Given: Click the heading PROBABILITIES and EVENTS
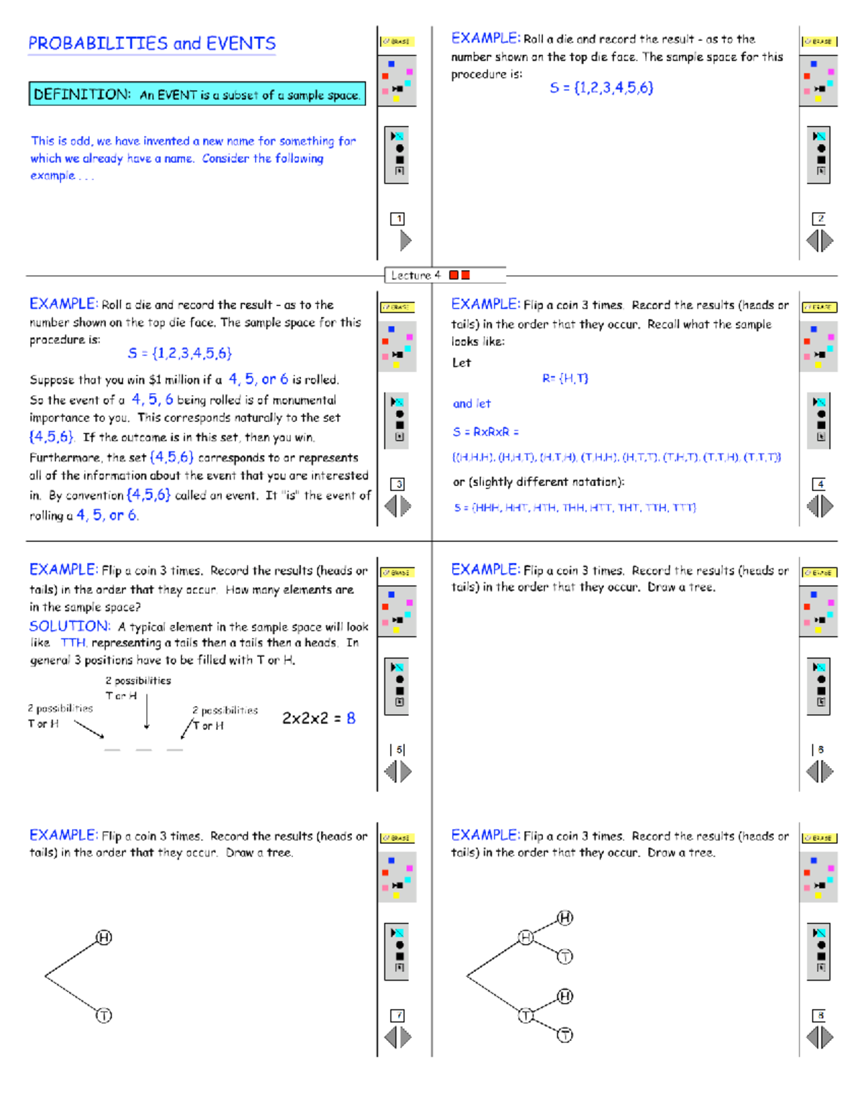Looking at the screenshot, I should pos(152,44).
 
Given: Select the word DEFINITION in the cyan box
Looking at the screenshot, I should pos(82,94).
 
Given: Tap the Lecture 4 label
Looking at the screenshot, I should pos(415,275).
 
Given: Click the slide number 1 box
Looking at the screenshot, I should pos(397,219).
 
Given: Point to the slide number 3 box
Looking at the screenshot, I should pos(397,484).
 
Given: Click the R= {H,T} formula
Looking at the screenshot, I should pos(565,379).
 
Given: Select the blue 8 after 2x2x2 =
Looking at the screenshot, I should pos(351,718).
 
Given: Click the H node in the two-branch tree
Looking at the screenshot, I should pos(104,937).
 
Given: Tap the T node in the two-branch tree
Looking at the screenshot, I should pos(104,1016).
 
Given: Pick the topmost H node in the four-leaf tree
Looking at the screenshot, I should pos(565,918).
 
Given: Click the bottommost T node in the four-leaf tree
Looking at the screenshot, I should pos(565,1035).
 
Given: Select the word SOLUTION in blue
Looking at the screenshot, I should pos(70,626).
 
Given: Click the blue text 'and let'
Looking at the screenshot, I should pos(472,404).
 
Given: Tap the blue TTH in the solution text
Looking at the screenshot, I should pos(73,643).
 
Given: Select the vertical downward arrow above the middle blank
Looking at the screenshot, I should pos(147,711).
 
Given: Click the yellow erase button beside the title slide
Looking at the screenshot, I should pos(396,42).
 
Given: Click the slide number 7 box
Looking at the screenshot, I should pos(397,1016).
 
